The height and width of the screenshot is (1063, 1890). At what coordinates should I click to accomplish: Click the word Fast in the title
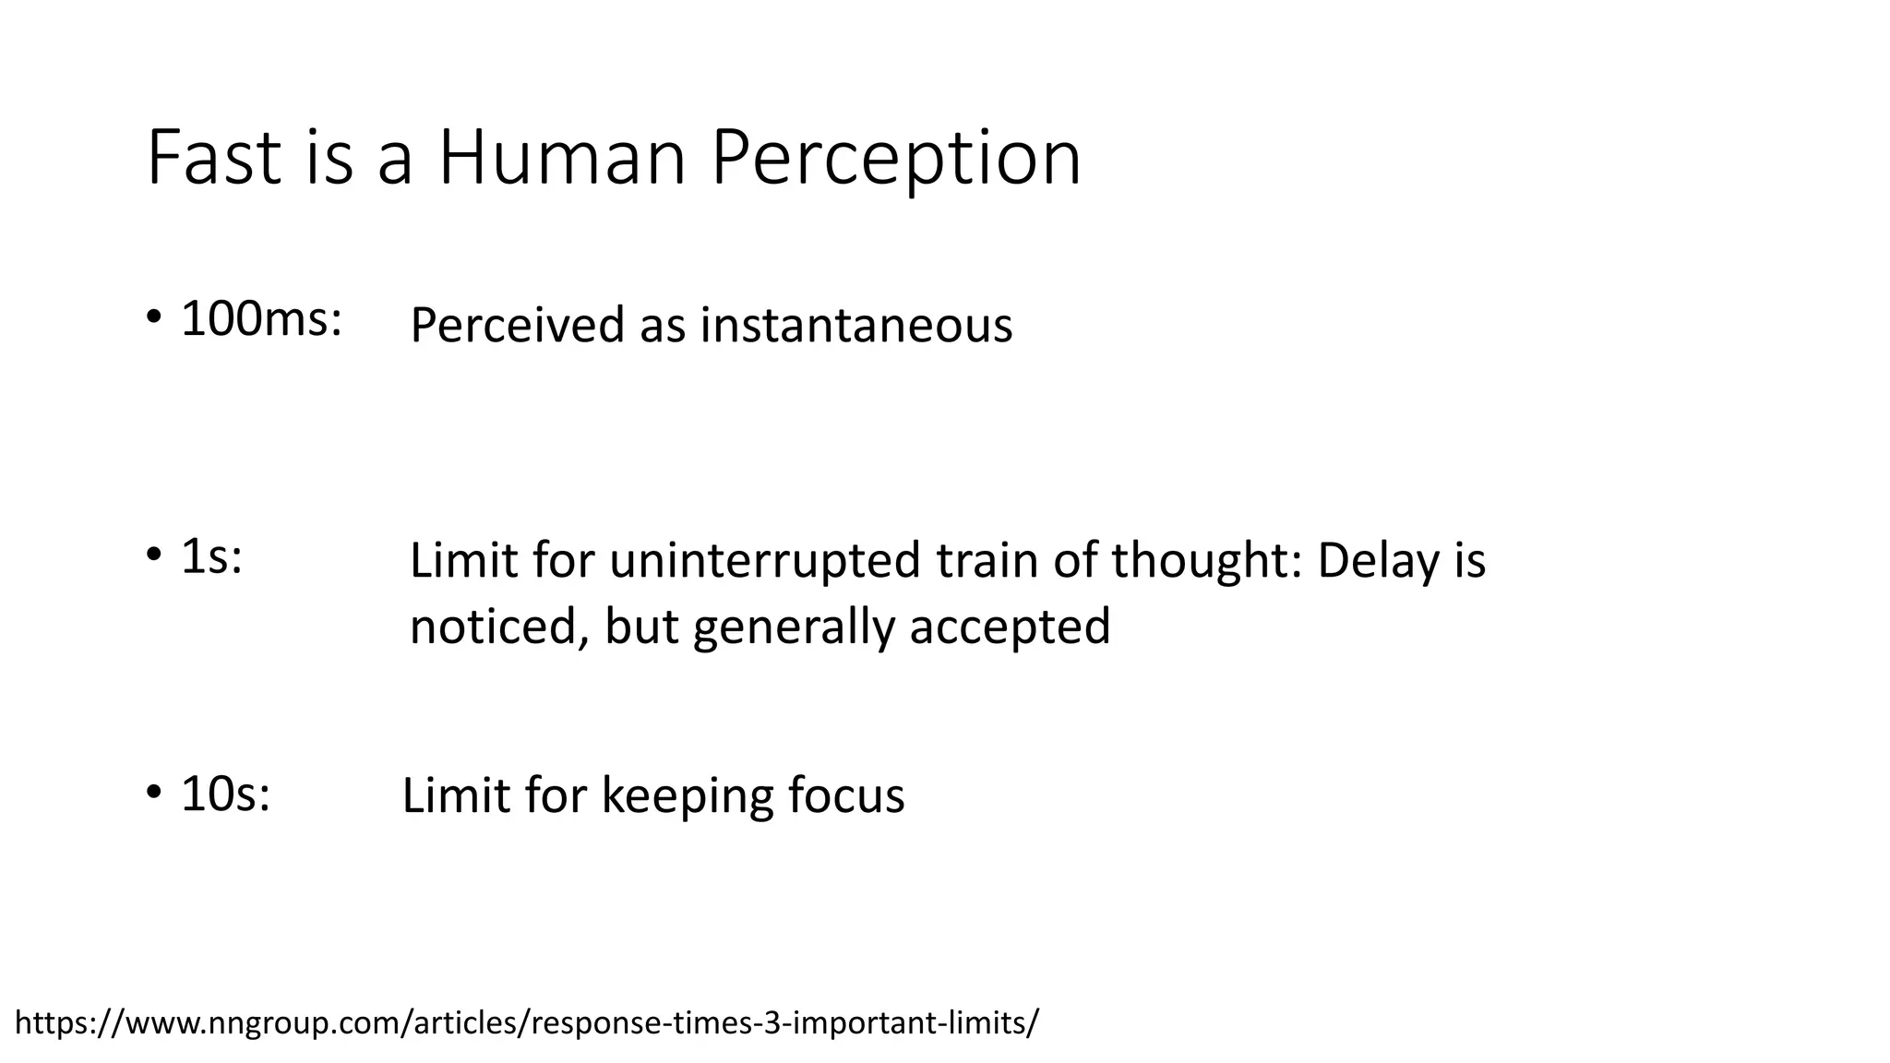pyautogui.click(x=213, y=159)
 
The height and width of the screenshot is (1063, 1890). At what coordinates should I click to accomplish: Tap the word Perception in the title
pyautogui.click(x=895, y=159)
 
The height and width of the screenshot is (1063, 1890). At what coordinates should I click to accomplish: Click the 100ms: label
pyautogui.click(x=261, y=320)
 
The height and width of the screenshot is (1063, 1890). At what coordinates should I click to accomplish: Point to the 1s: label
pyautogui.click(x=211, y=556)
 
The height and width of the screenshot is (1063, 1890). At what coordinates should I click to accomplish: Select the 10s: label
pyautogui.click(x=225, y=794)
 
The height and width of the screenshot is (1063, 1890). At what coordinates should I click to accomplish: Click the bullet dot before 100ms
pyautogui.click(x=154, y=318)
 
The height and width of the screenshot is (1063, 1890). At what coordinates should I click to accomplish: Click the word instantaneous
pyautogui.click(x=855, y=326)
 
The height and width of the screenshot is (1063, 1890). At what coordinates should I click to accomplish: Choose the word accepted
pyautogui.click(x=1010, y=627)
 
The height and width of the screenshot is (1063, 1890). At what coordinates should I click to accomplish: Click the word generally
pyautogui.click(x=794, y=627)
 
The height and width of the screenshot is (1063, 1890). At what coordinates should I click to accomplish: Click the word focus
pyautogui.click(x=846, y=796)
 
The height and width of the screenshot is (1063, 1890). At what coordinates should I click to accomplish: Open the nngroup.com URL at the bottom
pyautogui.click(x=526, y=1023)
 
